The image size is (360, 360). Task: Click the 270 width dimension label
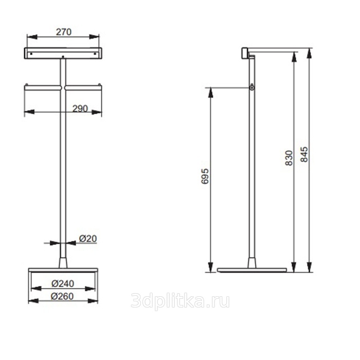pyautogui.click(x=63, y=32)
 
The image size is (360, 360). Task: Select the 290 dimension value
pyautogui.click(x=80, y=109)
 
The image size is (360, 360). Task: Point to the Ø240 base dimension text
pyautogui.click(x=63, y=283)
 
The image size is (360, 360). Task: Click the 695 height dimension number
pyautogui.click(x=205, y=176)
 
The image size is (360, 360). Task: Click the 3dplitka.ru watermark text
pyautogui.click(x=180, y=301)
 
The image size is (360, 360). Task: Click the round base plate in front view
pyautogui.click(x=63, y=270)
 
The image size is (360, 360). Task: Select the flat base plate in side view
pyautogui.click(x=252, y=270)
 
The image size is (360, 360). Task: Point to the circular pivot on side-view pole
pyautogui.click(x=252, y=88)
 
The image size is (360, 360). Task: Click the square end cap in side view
pyautogui.click(x=245, y=52)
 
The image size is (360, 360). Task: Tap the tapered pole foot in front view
pyautogui.click(x=63, y=262)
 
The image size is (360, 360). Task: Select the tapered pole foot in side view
pyautogui.click(x=252, y=262)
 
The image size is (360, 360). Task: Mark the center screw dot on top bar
pyautogui.click(x=63, y=57)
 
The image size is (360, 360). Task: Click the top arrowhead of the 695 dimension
pyautogui.click(x=210, y=91)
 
